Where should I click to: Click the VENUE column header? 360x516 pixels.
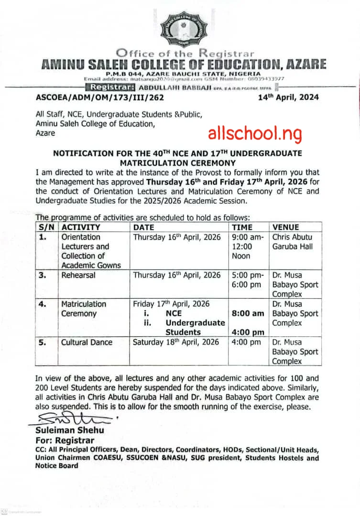pos(285,227)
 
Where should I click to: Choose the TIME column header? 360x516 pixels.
pos(242,227)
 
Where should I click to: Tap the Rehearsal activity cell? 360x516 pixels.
pos(78,275)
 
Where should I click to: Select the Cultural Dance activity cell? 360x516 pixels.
pos(87,342)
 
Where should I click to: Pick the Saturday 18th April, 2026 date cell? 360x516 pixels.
pos(176,342)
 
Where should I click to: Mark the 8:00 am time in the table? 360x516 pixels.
pos(248,313)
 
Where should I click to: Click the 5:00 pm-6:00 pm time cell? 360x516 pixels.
pos(247,280)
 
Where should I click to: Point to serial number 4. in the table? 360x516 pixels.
pos(45,304)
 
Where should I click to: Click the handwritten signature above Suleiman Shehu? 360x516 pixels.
pos(72,419)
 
